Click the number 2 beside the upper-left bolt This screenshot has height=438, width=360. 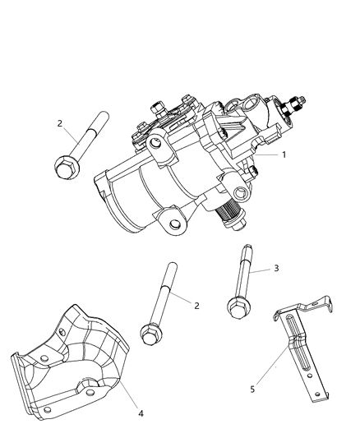click(60, 123)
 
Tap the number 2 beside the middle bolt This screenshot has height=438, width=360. click(196, 305)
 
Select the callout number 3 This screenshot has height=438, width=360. click(254, 268)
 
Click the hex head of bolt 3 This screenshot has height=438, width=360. click(238, 307)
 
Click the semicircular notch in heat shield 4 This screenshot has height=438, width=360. click(89, 386)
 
